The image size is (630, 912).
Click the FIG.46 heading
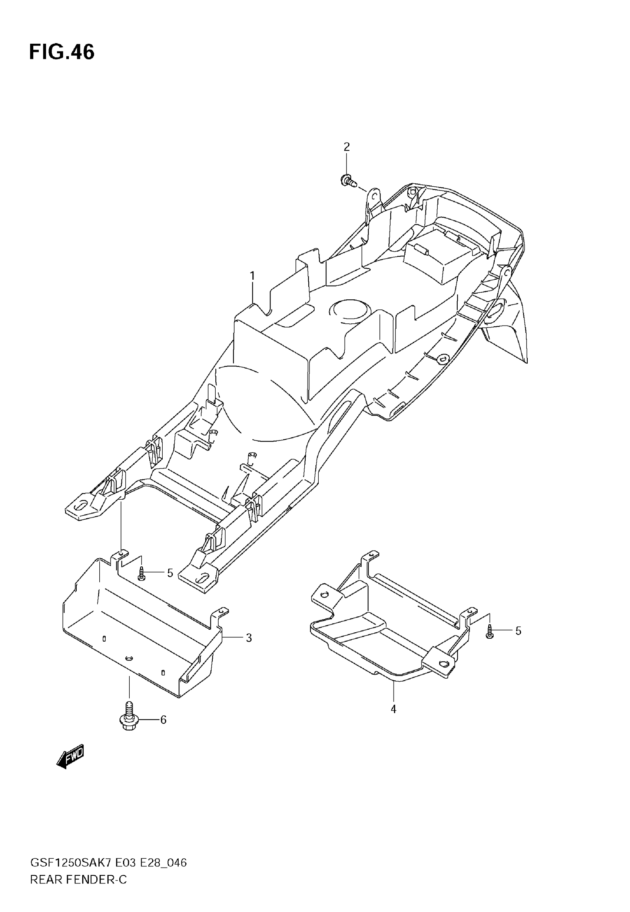[x=62, y=52]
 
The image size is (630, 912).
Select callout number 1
[x=252, y=276]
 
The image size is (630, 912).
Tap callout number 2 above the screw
[x=346, y=147]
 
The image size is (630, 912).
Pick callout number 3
[x=249, y=638]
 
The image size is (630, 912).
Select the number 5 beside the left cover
[x=170, y=573]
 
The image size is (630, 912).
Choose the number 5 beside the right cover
[x=518, y=631]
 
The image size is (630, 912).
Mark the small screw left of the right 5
[x=490, y=632]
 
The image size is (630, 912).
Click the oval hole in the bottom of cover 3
[x=129, y=658]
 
